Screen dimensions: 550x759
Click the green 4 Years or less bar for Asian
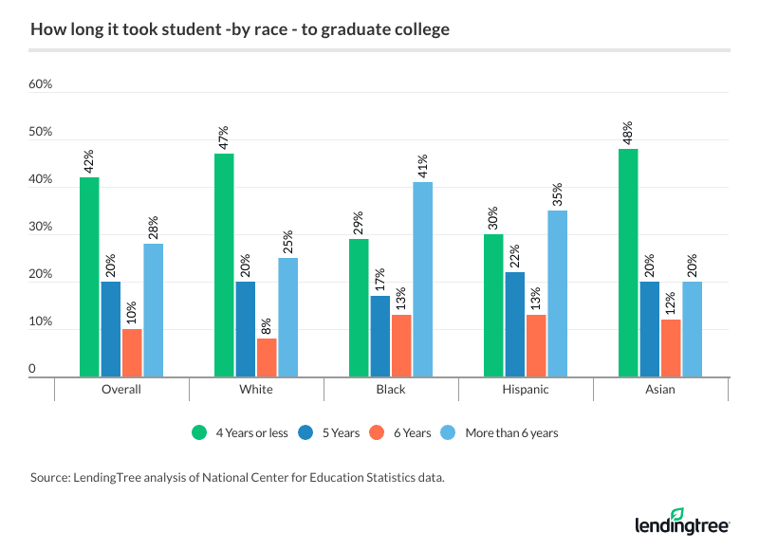click(627, 264)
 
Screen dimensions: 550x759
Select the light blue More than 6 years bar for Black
click(422, 280)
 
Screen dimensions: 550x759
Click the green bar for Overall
click(89, 277)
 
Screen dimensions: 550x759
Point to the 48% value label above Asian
click(627, 132)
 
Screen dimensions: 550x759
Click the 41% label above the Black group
click(422, 165)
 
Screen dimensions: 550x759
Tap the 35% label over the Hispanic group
click(557, 193)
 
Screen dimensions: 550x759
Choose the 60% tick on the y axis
click(40, 84)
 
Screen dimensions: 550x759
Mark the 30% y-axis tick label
click(40, 227)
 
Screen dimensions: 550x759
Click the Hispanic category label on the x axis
click(526, 390)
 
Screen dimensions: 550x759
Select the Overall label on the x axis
click(121, 390)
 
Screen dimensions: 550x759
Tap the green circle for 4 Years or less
click(199, 433)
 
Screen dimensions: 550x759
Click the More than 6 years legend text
click(511, 433)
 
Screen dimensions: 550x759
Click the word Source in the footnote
click(50, 478)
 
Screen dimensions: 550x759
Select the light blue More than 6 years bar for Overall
click(153, 310)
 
